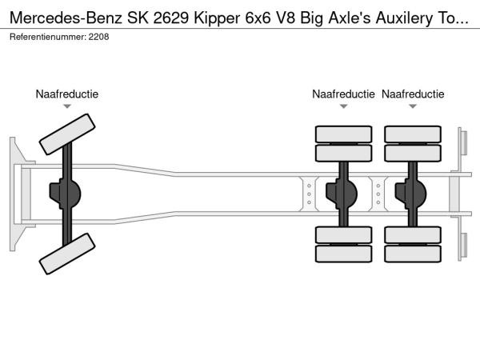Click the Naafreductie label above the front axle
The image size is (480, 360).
66,94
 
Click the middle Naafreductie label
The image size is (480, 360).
343,94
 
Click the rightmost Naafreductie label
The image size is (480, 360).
413,94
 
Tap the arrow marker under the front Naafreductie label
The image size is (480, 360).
67,106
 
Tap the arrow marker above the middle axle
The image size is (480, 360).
343,106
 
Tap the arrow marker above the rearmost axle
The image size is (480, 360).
413,106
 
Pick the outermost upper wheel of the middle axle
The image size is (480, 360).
343,134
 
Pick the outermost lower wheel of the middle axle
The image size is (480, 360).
343,254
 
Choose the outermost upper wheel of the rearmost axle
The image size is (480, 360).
413,134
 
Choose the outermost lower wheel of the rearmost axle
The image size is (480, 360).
413,254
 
